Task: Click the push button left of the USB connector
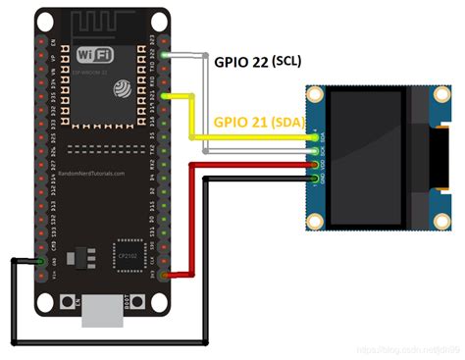pyautogui.click(x=66, y=306)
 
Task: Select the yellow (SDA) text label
pyautogui.click(x=287, y=123)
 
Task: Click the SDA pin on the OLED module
pyautogui.click(x=314, y=140)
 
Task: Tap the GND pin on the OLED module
pyautogui.click(x=314, y=178)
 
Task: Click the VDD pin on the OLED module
pyautogui.click(x=314, y=166)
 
